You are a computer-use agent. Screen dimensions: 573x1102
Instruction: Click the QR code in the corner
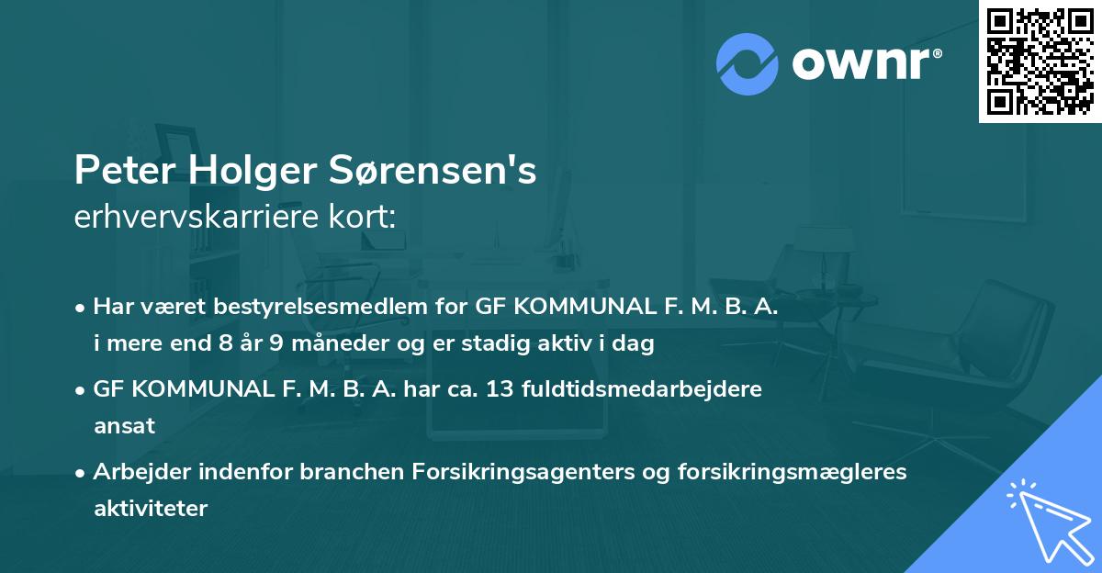(1040, 61)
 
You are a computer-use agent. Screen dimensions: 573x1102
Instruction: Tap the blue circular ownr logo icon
(748, 64)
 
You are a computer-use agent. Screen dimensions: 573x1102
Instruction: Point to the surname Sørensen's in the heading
(440, 172)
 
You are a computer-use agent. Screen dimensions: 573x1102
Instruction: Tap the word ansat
(124, 426)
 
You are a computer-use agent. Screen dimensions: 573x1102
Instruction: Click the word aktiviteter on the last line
(151, 508)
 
